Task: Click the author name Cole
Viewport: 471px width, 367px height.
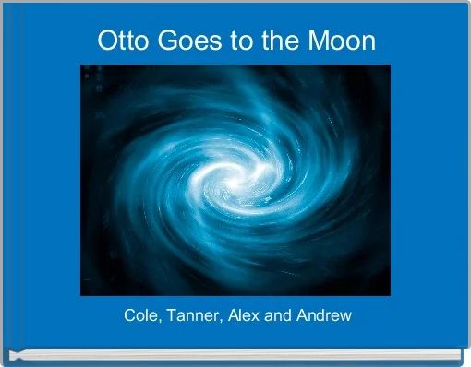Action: pos(140,315)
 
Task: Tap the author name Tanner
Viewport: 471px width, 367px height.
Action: pos(193,315)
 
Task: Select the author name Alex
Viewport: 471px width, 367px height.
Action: pos(245,315)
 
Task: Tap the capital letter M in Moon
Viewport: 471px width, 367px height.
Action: pos(320,41)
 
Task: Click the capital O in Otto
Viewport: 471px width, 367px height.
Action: pos(104,41)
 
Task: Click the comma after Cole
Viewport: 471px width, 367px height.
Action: pos(159,321)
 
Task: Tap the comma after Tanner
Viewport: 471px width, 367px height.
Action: pos(219,321)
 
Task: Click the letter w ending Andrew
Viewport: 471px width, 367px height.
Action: pos(346,315)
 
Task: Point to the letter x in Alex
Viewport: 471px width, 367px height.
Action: pos(260,315)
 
